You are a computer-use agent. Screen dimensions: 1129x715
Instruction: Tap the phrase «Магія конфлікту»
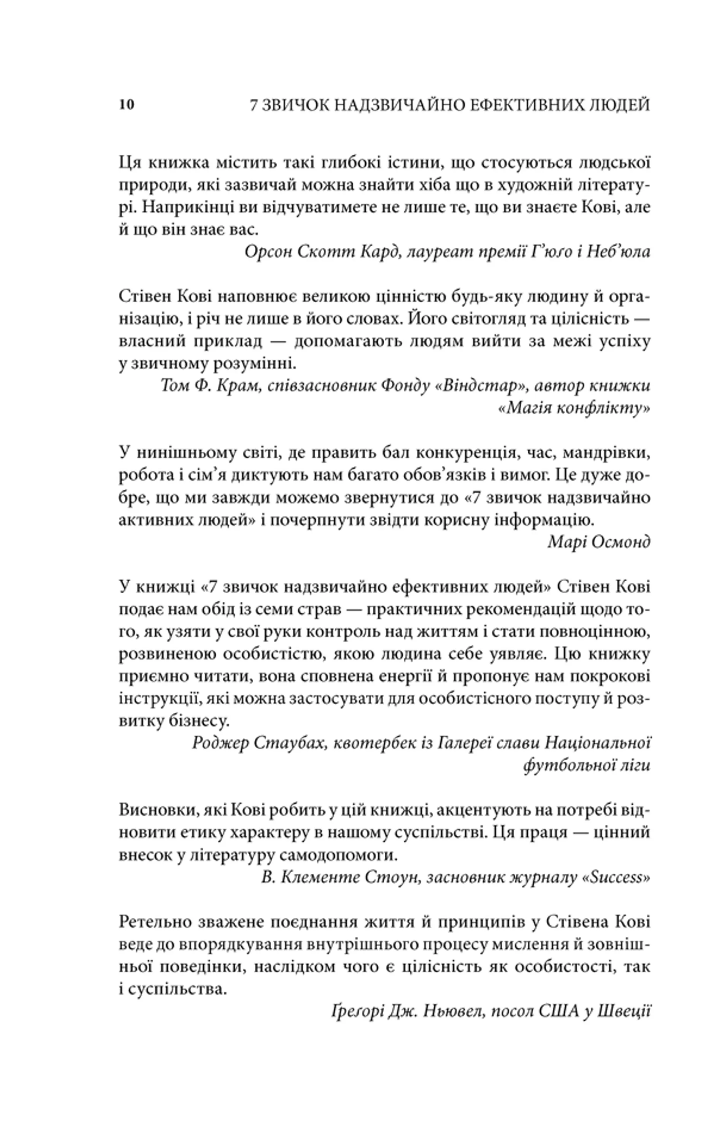pyautogui.click(x=574, y=408)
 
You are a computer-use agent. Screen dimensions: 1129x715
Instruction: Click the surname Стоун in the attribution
pyautogui.click(x=391, y=877)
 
